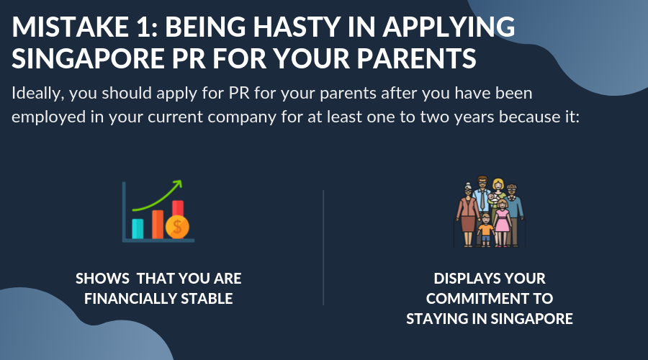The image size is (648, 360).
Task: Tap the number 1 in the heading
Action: [145, 27]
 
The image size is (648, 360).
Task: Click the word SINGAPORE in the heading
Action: [88, 58]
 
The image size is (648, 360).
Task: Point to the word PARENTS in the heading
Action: [417, 58]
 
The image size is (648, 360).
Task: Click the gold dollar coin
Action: [177, 227]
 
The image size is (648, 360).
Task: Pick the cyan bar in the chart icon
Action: [138, 229]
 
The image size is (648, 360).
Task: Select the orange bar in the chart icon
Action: [158, 225]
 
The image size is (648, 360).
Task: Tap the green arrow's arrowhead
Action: [178, 183]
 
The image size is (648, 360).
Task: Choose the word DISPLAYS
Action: [463, 279]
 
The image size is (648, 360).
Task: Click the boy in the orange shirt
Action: [485, 230]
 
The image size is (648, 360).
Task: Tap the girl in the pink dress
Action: [502, 222]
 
